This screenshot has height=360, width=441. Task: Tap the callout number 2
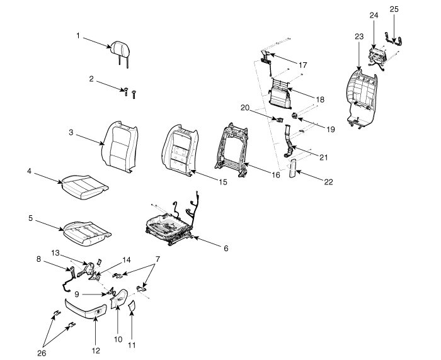pos(91,79)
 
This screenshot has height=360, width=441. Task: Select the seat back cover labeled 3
pos(120,147)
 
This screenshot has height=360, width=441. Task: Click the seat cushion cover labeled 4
pos(84,186)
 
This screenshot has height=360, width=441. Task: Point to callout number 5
pos(31,218)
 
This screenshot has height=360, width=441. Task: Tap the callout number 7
pos(157,259)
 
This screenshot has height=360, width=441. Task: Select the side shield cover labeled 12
pos(86,308)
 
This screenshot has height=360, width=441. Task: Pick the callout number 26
pos(42,353)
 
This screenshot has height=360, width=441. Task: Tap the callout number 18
pos(320,100)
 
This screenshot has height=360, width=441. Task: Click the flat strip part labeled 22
pos(292,169)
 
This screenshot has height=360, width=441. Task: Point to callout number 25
pos(394,9)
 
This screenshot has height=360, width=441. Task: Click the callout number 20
pos(245,108)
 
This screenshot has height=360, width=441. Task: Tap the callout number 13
pos(55,253)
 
